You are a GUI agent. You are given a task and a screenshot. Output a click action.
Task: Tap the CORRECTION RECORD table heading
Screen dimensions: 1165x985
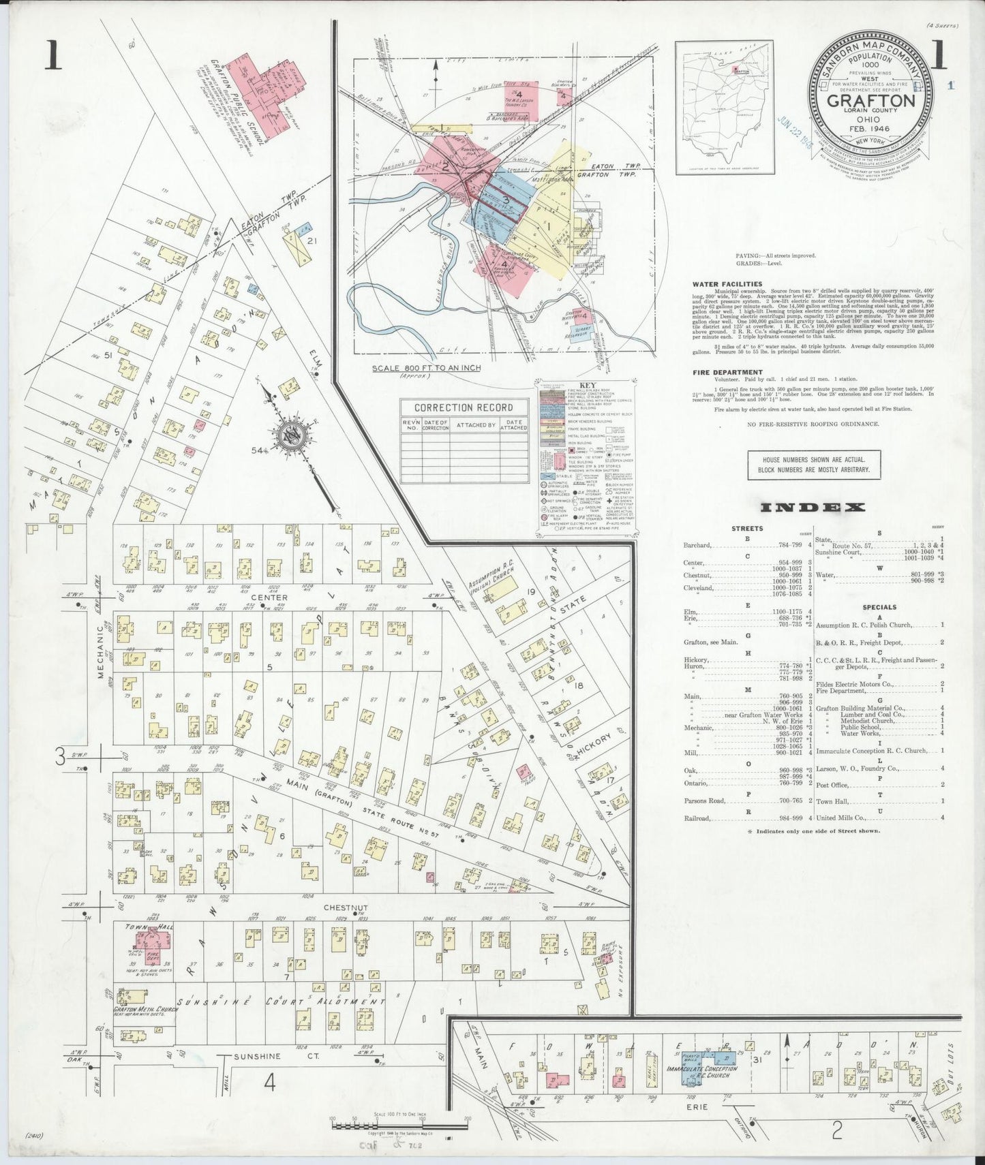click(463, 407)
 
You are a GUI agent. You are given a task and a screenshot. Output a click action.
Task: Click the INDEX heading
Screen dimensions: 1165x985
click(812, 508)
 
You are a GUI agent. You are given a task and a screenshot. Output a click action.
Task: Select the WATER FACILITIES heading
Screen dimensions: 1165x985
click(727, 284)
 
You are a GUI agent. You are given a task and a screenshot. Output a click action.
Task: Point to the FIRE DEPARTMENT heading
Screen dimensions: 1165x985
click(727, 373)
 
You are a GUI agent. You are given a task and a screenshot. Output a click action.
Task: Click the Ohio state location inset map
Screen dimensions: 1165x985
click(724, 106)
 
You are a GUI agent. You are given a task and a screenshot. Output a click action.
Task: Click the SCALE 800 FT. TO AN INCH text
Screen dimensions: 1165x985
click(425, 368)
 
